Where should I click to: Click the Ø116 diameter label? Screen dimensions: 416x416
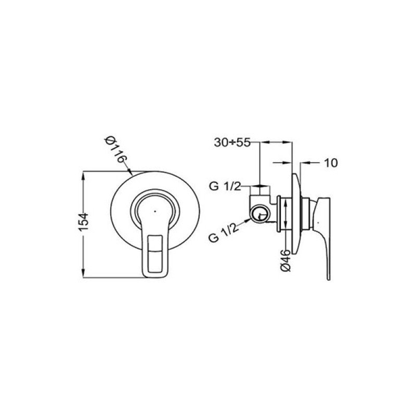(x=116, y=149)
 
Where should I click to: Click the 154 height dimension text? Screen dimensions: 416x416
(x=83, y=222)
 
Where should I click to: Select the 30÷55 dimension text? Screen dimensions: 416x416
(x=232, y=142)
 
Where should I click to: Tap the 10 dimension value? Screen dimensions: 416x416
(x=331, y=163)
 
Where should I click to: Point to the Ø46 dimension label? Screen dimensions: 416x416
(x=285, y=261)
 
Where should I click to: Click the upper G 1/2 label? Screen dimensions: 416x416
(x=225, y=187)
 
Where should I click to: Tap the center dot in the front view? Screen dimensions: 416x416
(x=155, y=212)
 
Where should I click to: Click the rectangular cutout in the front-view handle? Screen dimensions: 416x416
(x=155, y=253)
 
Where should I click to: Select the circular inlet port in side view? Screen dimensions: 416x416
(x=261, y=214)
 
